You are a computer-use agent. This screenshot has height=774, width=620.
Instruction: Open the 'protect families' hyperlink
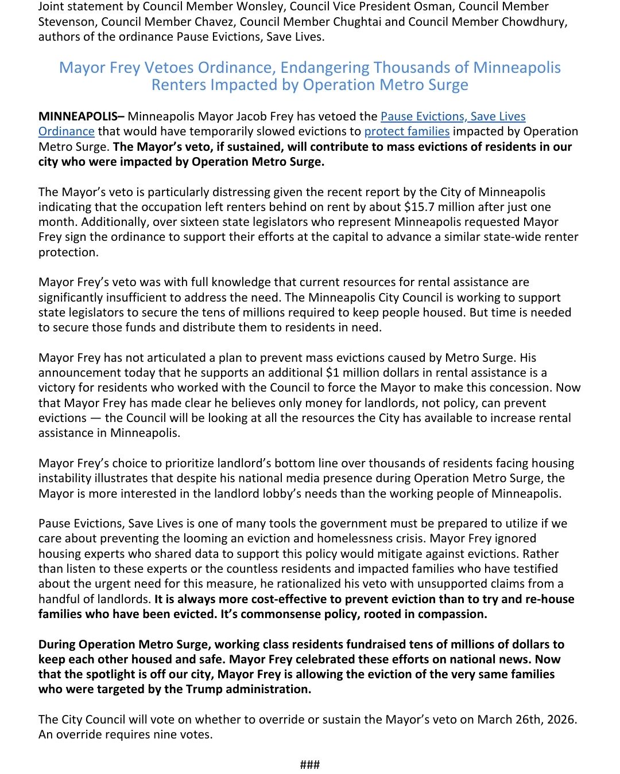pos(406,131)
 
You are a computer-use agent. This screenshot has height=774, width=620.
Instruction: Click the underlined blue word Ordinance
pos(66,131)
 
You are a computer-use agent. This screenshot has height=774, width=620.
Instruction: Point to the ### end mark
pos(310,764)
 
